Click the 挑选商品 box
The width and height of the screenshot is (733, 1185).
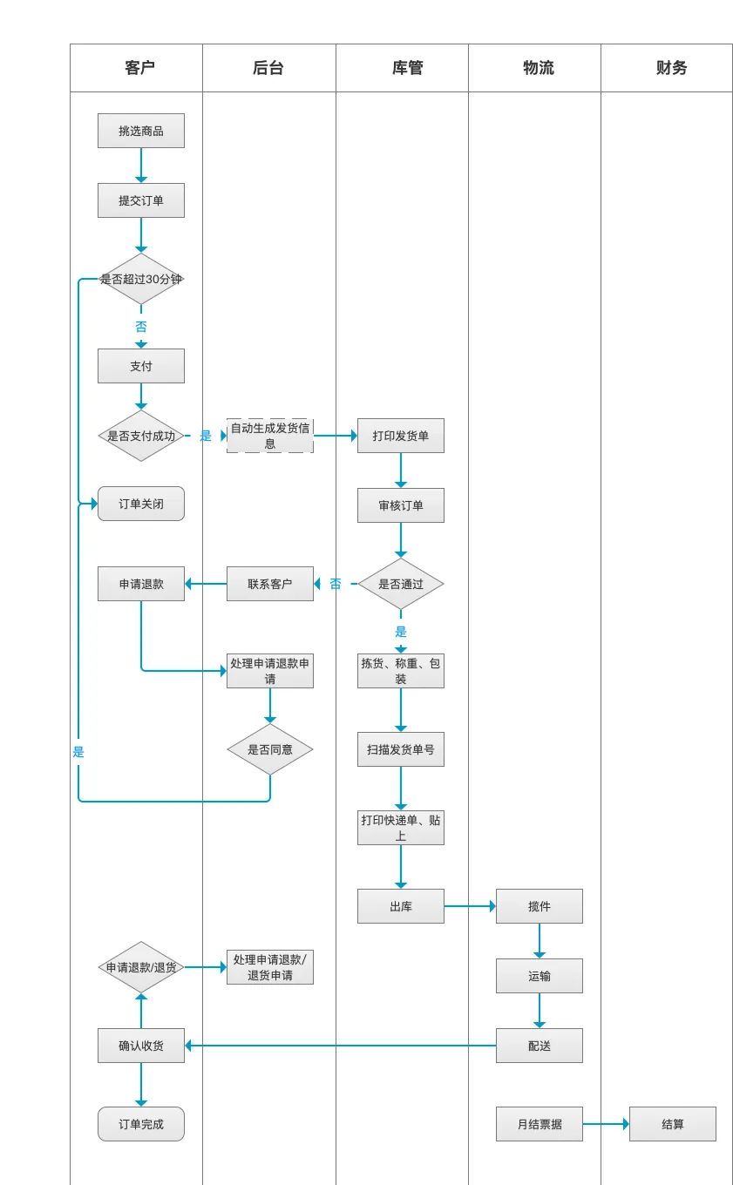pyautogui.click(x=141, y=131)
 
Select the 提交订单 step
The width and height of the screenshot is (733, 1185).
pyautogui.click(x=141, y=200)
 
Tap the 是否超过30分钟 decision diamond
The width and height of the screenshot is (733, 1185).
pyautogui.click(x=141, y=279)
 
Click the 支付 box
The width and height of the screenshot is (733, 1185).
pyautogui.click(x=141, y=366)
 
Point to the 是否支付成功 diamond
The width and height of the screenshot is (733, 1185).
pyautogui.click(x=141, y=436)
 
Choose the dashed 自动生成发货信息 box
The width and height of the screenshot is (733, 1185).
pyautogui.click(x=270, y=436)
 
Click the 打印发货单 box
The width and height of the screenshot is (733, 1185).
pyautogui.click(x=401, y=436)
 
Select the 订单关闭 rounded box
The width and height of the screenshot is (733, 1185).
pyautogui.click(x=141, y=504)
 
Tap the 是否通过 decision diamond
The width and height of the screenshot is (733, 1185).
pyautogui.click(x=401, y=584)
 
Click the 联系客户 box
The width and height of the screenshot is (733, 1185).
pyautogui.click(x=270, y=584)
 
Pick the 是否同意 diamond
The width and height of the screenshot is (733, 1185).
pyautogui.click(x=270, y=749)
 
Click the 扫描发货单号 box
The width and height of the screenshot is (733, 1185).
pyautogui.click(x=401, y=749)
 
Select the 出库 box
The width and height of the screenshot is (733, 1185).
pyautogui.click(x=401, y=906)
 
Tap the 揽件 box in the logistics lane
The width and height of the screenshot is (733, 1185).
pyautogui.click(x=540, y=906)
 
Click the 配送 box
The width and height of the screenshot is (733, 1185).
pyautogui.click(x=540, y=1046)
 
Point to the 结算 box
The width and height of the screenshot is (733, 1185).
pyautogui.click(x=673, y=1124)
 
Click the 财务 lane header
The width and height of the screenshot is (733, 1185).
pyautogui.click(x=671, y=68)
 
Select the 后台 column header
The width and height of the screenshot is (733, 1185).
pyautogui.click(x=268, y=68)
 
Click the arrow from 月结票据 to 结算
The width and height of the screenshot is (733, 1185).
pyautogui.click(x=606, y=1124)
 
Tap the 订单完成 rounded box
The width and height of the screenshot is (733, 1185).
pyautogui.click(x=141, y=1124)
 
